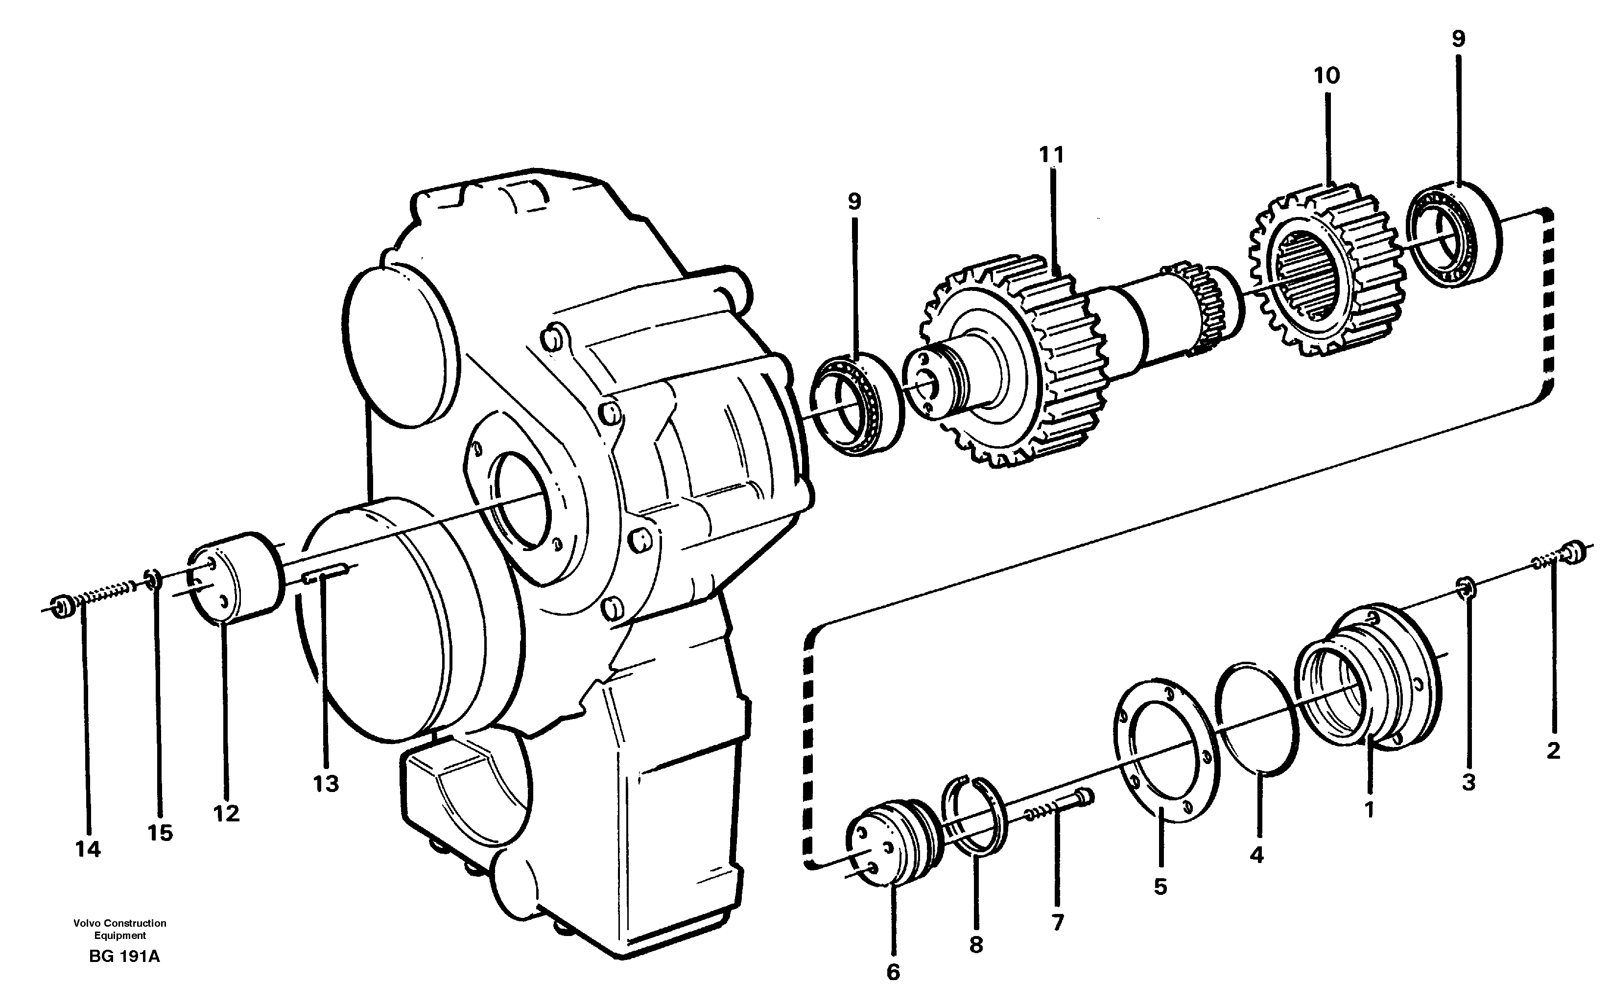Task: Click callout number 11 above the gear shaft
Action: [x=1052, y=155]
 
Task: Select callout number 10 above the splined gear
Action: [x=1326, y=76]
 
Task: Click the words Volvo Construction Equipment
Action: [x=120, y=929]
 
